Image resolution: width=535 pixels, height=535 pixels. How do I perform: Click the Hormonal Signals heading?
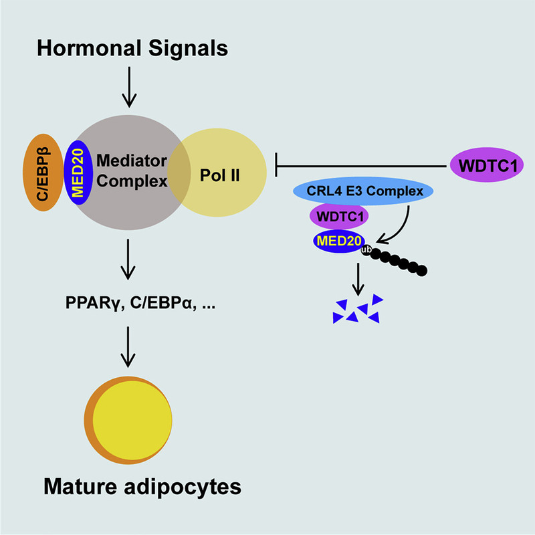coord(133,49)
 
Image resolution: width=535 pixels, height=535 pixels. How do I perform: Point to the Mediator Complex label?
coord(131,170)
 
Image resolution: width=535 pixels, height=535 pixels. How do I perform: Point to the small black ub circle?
coord(366,249)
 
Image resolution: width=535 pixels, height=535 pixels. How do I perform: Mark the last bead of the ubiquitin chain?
coord(421,271)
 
